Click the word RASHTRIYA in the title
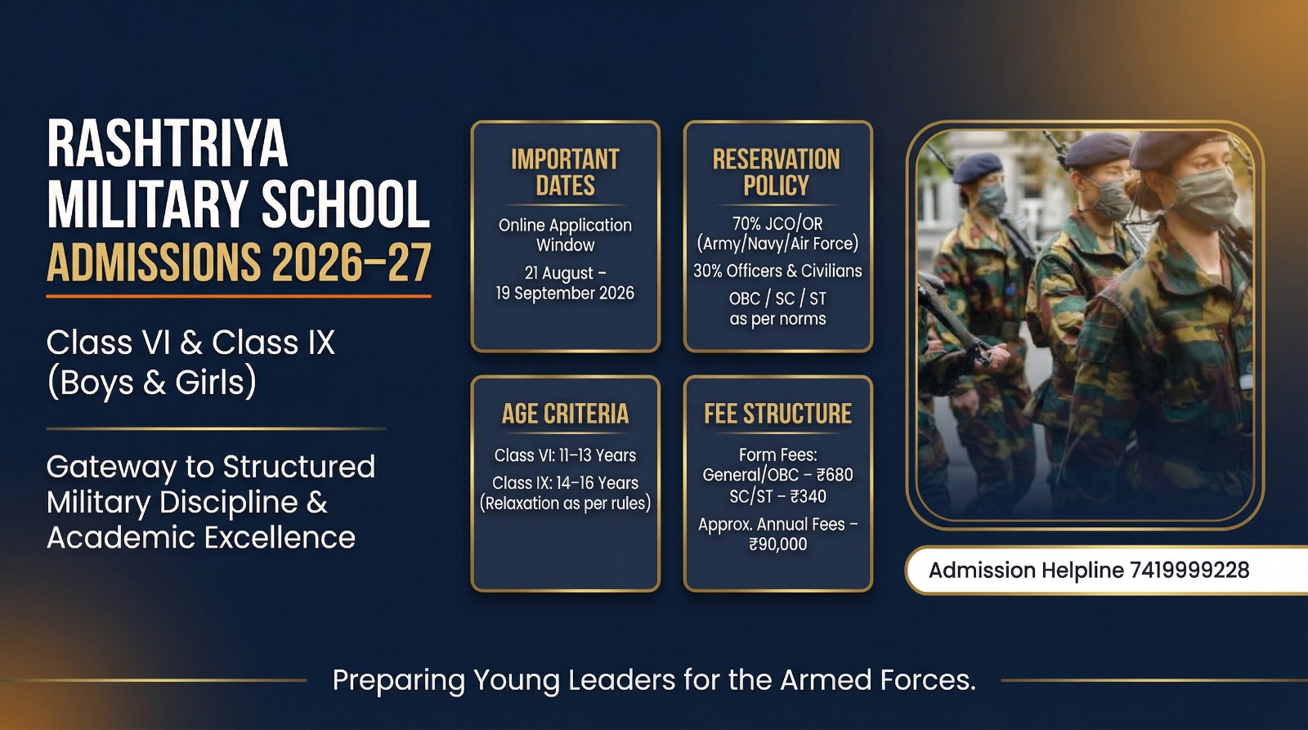[168, 144]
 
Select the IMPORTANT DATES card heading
[565, 172]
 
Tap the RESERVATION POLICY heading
[777, 172]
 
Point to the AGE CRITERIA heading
[565, 414]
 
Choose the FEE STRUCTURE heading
[777, 414]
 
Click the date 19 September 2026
[565, 293]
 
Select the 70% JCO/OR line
[777, 223]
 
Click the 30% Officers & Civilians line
[777, 271]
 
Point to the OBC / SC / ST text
[777, 298]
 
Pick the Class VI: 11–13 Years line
[565, 455]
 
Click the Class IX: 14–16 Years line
[565, 483]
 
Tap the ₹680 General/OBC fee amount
[835, 475]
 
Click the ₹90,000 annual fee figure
[777, 544]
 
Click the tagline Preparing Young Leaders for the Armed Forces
[654, 680]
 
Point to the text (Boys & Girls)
[152, 383]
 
